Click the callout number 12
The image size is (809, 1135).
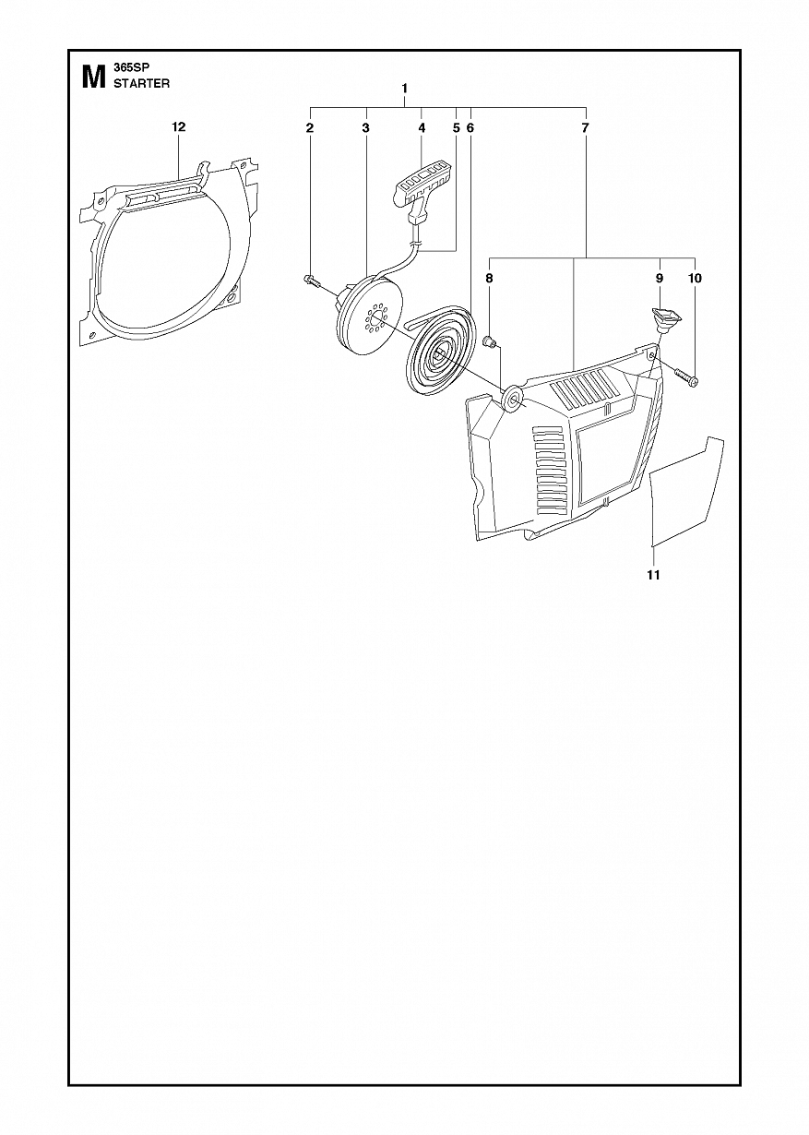(179, 126)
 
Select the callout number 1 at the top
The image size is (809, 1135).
(404, 89)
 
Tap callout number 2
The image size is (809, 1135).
(310, 128)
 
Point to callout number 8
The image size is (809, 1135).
(489, 278)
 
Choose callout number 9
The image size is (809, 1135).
(659, 278)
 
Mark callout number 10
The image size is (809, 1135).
(695, 278)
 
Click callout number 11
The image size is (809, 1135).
(653, 575)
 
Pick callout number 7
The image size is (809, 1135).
(585, 128)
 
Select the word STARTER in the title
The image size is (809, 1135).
(141, 84)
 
